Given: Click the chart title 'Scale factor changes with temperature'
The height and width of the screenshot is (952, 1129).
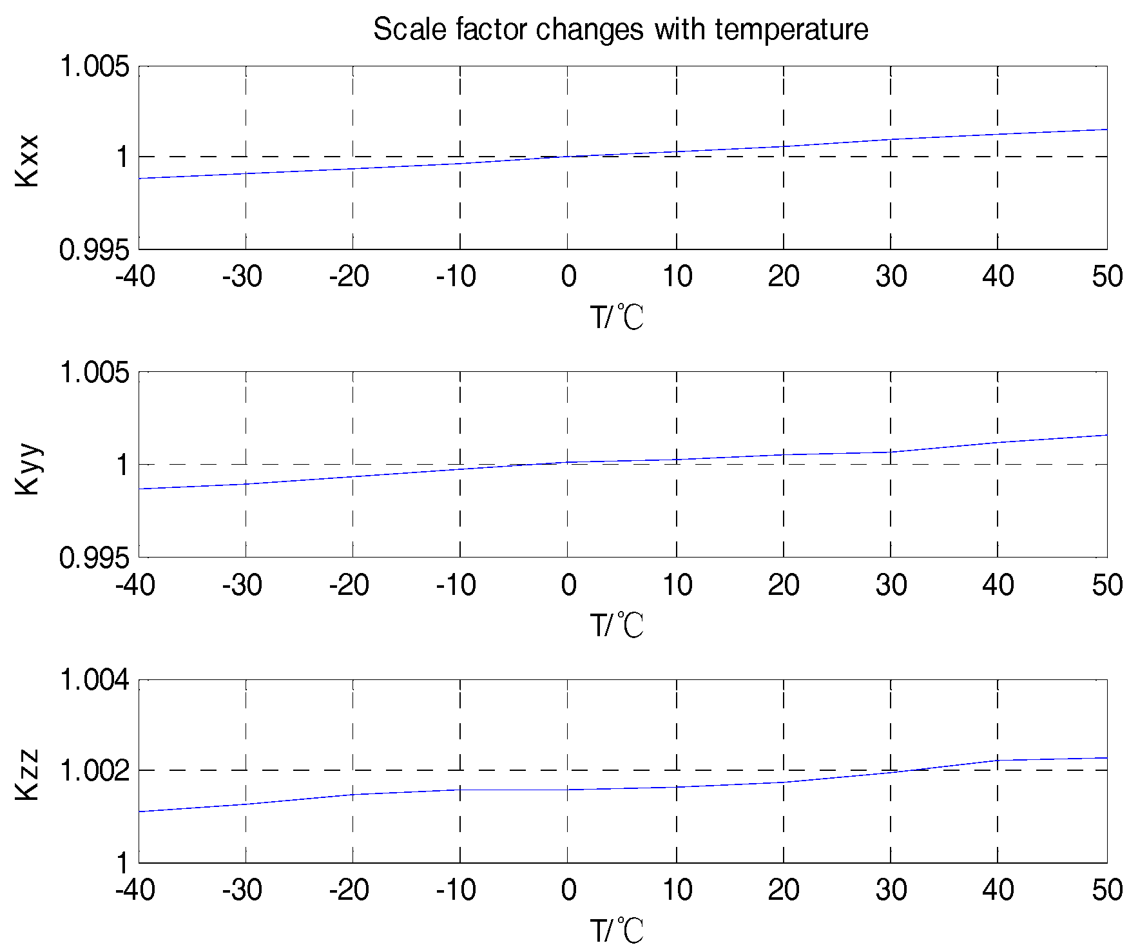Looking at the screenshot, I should [x=621, y=30].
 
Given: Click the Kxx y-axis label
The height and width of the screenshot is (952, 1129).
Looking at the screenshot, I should [x=28, y=160].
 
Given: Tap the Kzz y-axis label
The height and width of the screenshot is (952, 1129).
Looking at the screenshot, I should [x=28, y=775].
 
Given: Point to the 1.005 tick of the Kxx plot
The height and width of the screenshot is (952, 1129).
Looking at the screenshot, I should [x=95, y=66].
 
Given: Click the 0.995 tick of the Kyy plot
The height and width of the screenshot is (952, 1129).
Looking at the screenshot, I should [x=95, y=558].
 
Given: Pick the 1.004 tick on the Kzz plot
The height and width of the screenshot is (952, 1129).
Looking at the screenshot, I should [x=95, y=680].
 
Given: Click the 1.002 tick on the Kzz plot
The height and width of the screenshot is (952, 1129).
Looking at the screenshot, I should [x=95, y=771].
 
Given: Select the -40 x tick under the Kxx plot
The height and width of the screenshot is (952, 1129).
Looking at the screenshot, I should [x=135, y=277].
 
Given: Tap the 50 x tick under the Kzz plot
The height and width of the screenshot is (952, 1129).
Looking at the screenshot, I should [x=1107, y=890].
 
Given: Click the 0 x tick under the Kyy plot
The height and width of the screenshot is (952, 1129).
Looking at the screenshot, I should [x=568, y=585].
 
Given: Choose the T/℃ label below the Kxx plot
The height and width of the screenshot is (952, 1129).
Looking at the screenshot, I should [x=617, y=317].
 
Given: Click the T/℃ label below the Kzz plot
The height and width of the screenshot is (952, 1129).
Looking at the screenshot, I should [x=617, y=931].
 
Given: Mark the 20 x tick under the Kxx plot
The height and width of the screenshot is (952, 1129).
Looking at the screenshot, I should [x=784, y=277].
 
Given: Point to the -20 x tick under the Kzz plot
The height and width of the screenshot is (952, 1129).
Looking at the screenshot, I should [x=349, y=890].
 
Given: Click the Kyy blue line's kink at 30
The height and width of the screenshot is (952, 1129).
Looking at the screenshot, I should [x=891, y=452].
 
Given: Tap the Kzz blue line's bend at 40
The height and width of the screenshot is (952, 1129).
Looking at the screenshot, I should [x=998, y=760].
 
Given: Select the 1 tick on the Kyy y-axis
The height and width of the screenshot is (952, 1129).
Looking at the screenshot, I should [x=122, y=465].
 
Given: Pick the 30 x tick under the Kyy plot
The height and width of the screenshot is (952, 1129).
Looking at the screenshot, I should [x=891, y=585].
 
